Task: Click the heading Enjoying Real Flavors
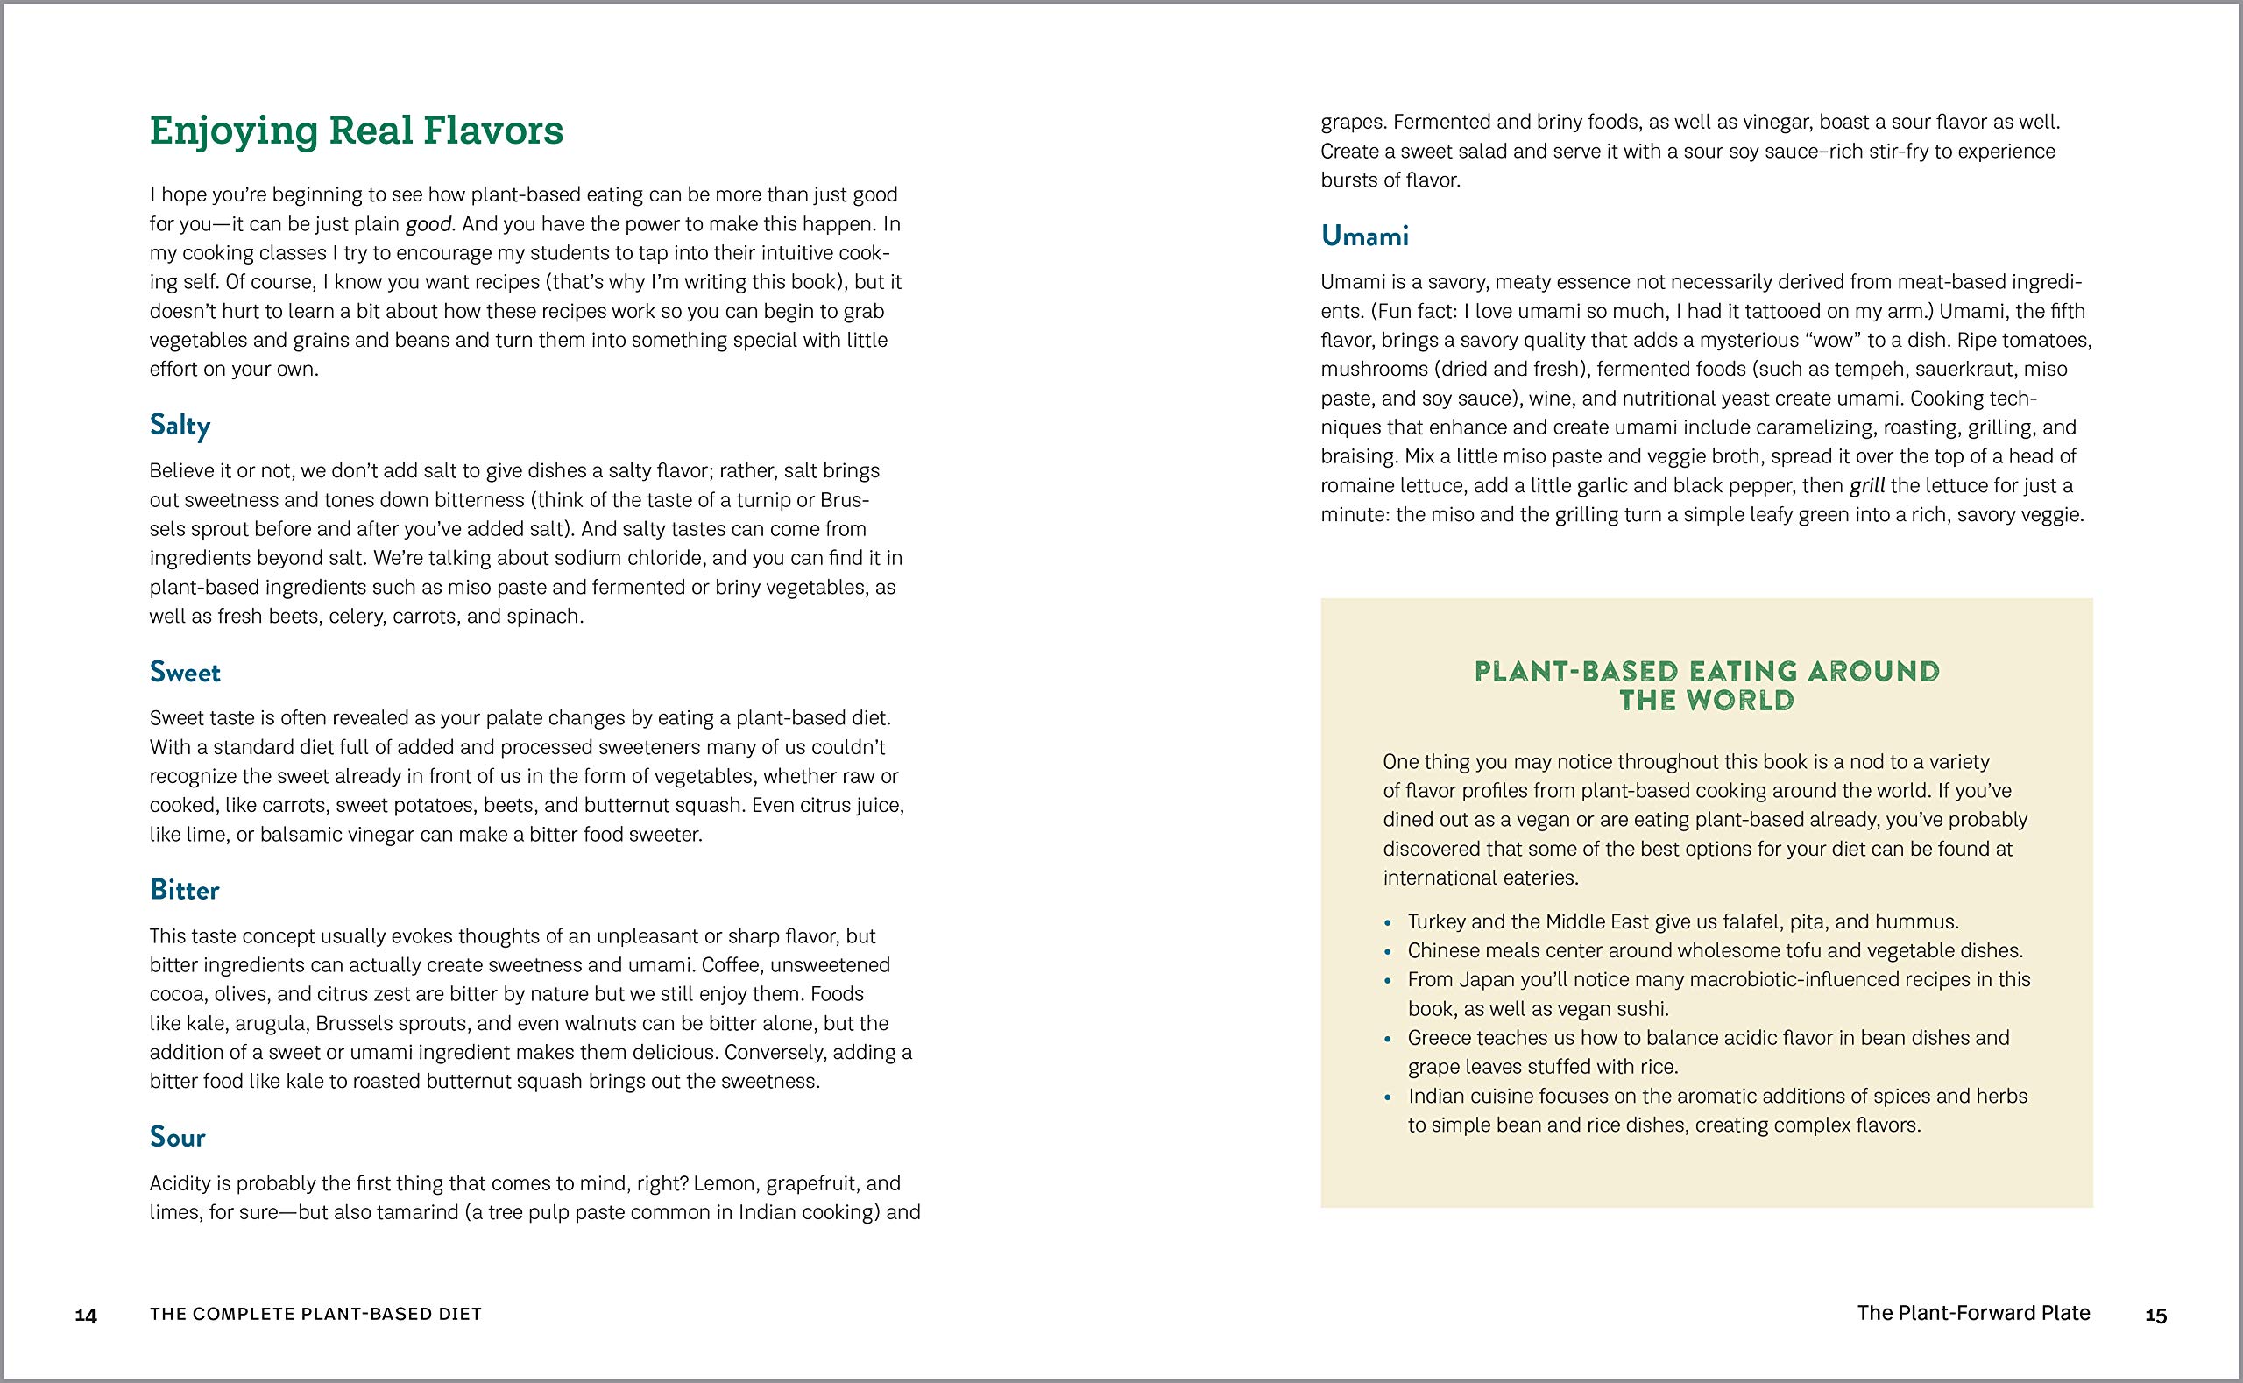point(356,130)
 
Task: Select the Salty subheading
point(180,426)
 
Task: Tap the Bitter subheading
point(184,890)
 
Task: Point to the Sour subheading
point(178,1137)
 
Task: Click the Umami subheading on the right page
point(1364,236)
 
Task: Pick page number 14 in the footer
point(86,1316)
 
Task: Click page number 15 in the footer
point(2156,1316)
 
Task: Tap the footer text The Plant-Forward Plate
point(1973,1314)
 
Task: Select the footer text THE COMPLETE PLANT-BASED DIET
point(315,1315)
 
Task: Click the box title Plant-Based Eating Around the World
point(1707,686)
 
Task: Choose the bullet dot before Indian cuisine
point(1389,1097)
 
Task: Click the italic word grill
point(1867,486)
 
